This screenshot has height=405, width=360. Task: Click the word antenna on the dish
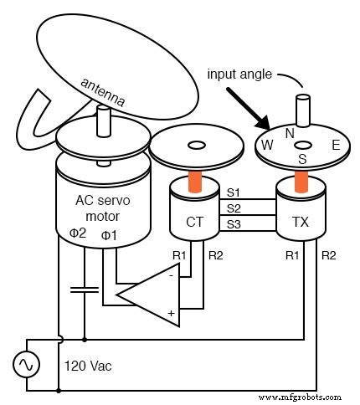tap(103, 94)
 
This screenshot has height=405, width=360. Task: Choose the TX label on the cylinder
tap(300, 223)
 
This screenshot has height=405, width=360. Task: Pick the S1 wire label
tap(235, 192)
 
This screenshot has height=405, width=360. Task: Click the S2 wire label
tap(235, 208)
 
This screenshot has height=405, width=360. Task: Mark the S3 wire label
tap(235, 223)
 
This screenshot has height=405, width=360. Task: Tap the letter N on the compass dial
tap(290, 132)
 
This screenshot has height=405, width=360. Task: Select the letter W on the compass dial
tap(268, 145)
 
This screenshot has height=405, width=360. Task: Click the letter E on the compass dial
tap(335, 145)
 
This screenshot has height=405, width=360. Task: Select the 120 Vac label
tap(88, 366)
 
